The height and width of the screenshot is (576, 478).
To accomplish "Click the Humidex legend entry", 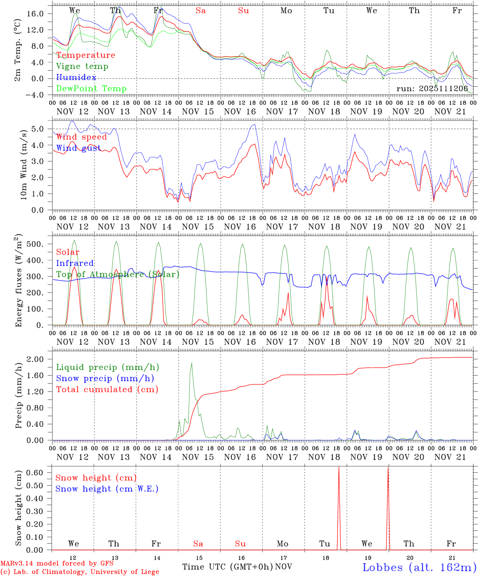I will [x=76, y=78].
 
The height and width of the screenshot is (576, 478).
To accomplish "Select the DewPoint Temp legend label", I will [x=91, y=89].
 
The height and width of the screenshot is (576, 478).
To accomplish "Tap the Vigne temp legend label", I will [x=82, y=66].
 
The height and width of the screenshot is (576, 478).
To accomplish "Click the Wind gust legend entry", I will [x=78, y=148].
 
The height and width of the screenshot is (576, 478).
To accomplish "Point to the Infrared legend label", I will [x=75, y=263].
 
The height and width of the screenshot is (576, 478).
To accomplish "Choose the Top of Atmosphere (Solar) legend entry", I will [x=118, y=274].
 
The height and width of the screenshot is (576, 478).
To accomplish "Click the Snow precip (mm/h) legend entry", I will [x=105, y=378].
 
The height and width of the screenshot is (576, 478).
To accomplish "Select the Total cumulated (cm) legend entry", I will [x=107, y=390].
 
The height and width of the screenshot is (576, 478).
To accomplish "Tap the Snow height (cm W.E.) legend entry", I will [x=107, y=489].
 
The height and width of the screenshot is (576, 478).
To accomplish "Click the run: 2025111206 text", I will [x=432, y=89].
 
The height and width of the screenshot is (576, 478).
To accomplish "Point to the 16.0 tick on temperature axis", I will [x=40, y=14].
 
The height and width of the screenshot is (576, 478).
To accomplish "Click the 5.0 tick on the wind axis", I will [x=42, y=129].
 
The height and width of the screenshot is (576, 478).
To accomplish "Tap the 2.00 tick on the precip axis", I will [x=40, y=359].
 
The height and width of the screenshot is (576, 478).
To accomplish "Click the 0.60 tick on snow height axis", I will [x=40, y=472].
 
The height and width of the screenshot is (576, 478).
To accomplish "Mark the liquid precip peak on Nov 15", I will [x=192, y=363].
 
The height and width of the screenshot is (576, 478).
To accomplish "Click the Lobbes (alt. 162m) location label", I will [x=419, y=567].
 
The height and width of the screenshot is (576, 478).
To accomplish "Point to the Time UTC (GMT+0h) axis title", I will [x=228, y=567].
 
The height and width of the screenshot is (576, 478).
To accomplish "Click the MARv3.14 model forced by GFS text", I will [x=57, y=564].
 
